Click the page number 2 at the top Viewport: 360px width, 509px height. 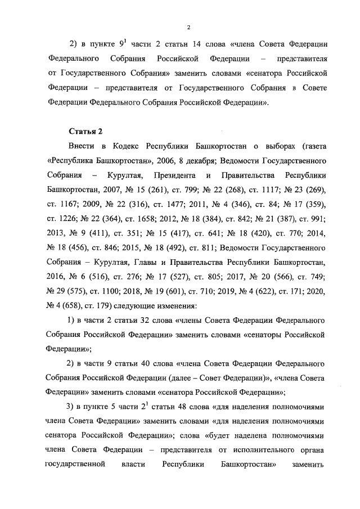coord(190,27)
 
